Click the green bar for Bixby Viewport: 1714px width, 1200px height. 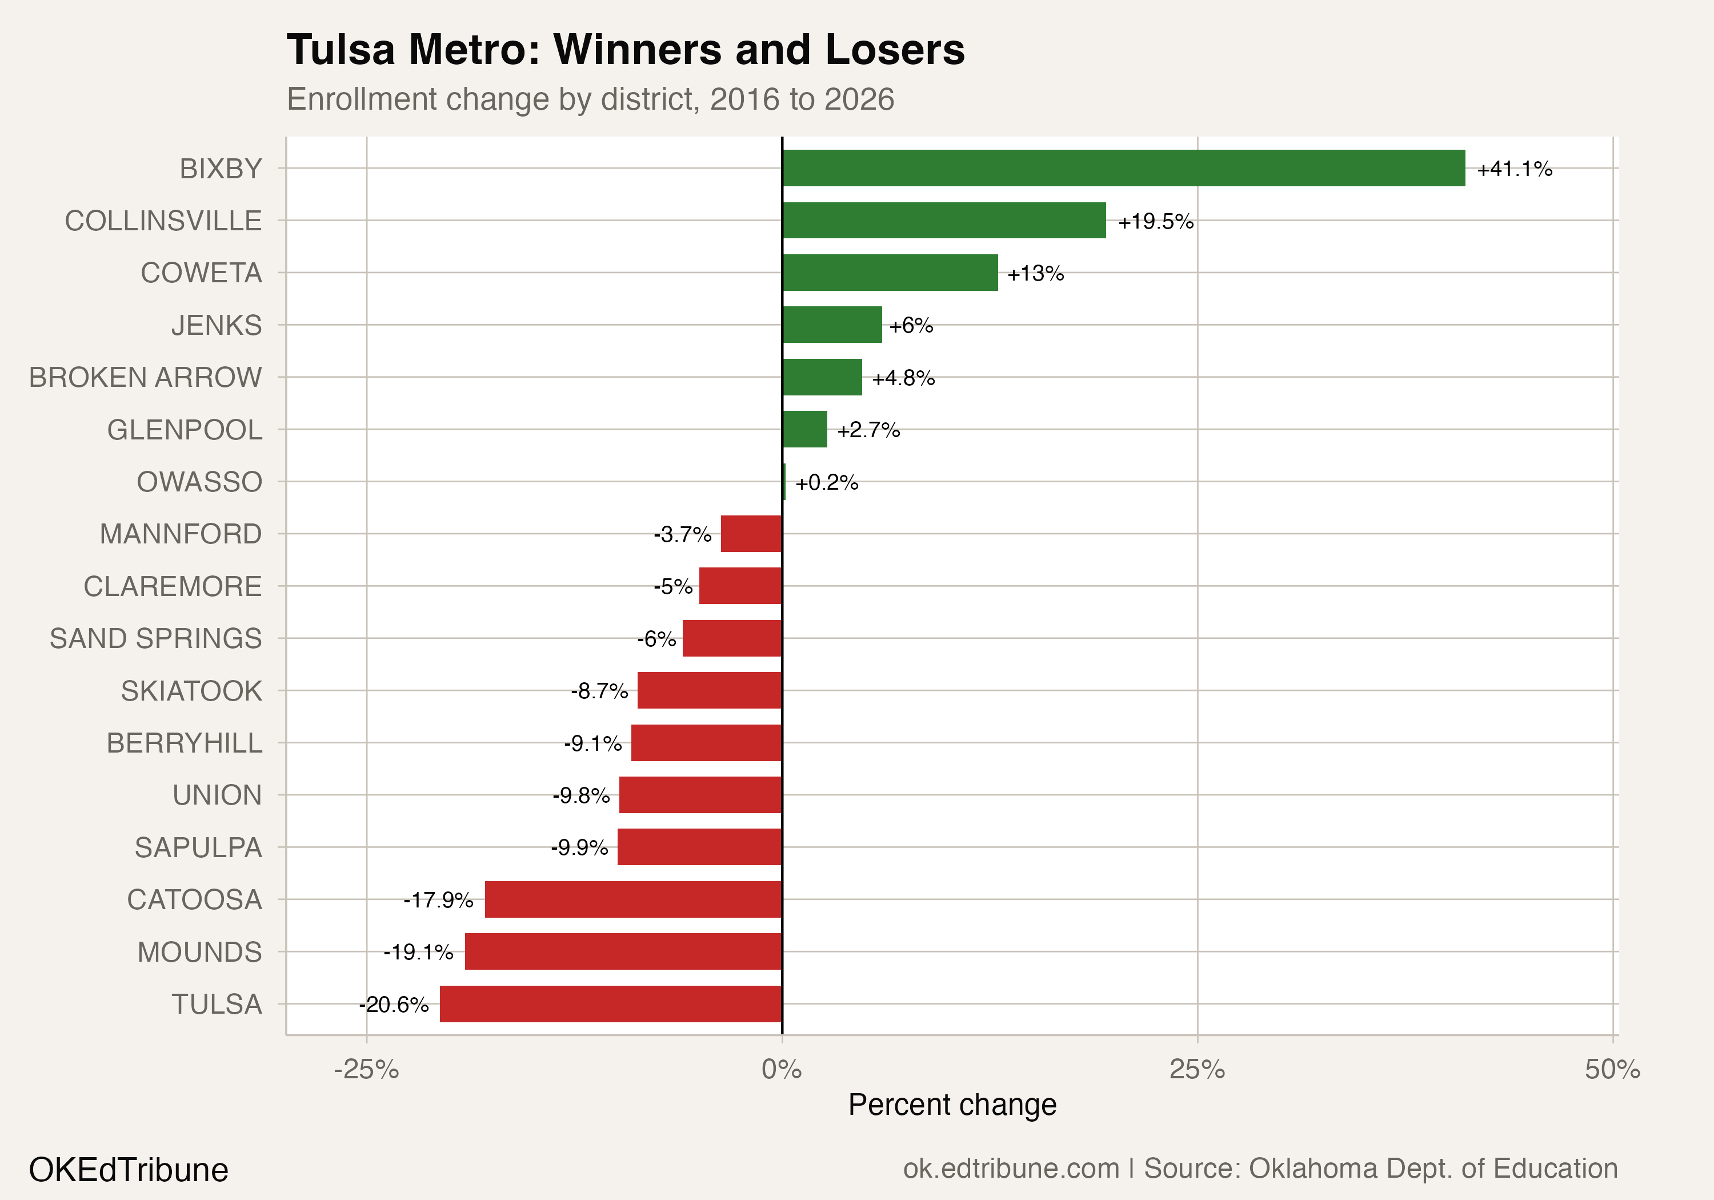1123,168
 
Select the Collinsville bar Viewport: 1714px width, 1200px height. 944,221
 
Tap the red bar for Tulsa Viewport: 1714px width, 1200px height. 611,1003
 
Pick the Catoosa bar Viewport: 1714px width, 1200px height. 633,899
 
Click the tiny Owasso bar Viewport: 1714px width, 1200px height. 784,482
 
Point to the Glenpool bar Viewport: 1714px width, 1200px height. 805,429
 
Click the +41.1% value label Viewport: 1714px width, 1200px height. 1514,169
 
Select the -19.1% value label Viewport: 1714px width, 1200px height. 418,952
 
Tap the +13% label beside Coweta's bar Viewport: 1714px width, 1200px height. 1035,273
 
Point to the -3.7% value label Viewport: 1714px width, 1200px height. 682,535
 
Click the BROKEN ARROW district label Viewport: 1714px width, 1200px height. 146,377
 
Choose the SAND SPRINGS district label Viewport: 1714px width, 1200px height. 156,638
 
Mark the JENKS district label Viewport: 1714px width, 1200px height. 217,325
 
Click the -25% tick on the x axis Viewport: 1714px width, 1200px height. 367,1069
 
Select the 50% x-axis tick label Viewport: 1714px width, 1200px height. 1612,1069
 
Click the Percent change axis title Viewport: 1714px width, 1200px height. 952,1105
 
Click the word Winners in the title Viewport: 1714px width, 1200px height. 638,50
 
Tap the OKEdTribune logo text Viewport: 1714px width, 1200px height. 129,1169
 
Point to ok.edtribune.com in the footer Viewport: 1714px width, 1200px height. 1011,1169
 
